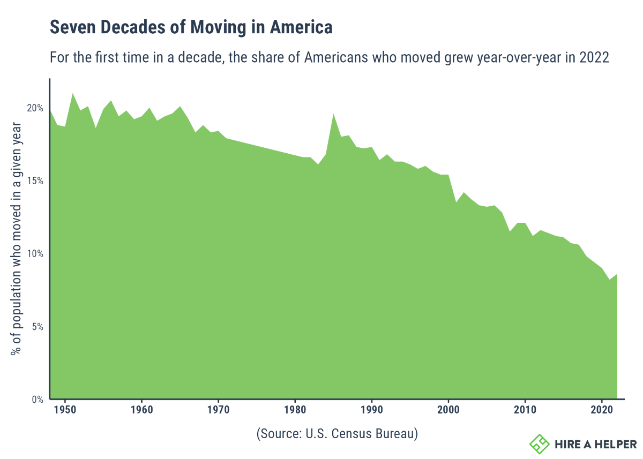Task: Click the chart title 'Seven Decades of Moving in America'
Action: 191,27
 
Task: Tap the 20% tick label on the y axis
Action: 35,108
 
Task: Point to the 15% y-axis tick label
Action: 35,180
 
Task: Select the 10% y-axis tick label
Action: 35,253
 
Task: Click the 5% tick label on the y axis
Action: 38,326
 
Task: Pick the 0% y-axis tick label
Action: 38,399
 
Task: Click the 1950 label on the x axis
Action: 65,410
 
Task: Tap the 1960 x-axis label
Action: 141,410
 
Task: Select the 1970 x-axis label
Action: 218,410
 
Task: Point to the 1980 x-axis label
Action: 295,410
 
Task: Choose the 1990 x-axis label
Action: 371,410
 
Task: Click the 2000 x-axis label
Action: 448,410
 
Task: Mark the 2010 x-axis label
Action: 525,410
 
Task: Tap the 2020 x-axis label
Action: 602,410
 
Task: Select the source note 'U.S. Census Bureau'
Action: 337,434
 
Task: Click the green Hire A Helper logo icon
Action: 540,443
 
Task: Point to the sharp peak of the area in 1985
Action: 333,114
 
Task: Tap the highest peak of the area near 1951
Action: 72,94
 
